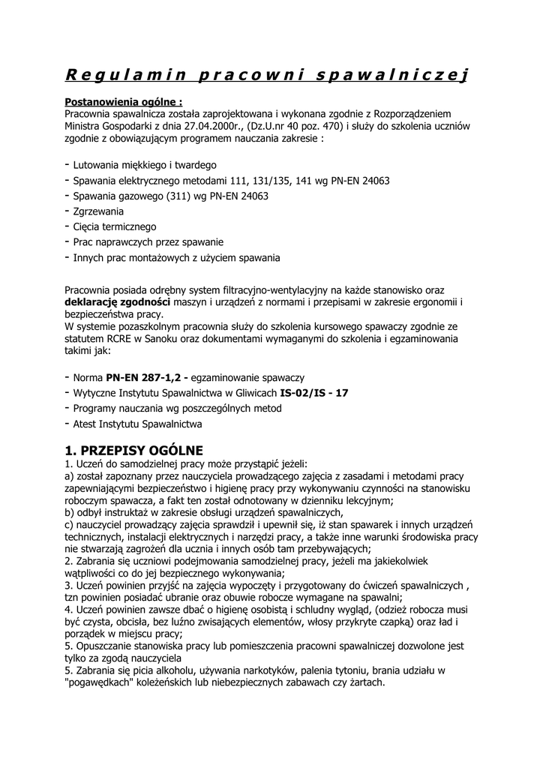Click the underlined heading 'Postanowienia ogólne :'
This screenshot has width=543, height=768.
coord(124,101)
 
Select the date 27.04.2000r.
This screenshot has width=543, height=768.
coord(214,126)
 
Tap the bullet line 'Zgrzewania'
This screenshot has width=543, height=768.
coord(98,211)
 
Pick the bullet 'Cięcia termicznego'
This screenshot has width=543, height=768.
coord(114,226)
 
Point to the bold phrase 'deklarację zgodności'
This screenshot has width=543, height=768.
coord(118,301)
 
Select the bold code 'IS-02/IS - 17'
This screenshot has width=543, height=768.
coord(313,393)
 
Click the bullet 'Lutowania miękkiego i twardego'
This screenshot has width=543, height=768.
coord(145,165)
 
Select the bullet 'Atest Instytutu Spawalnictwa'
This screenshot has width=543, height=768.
coord(137,424)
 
